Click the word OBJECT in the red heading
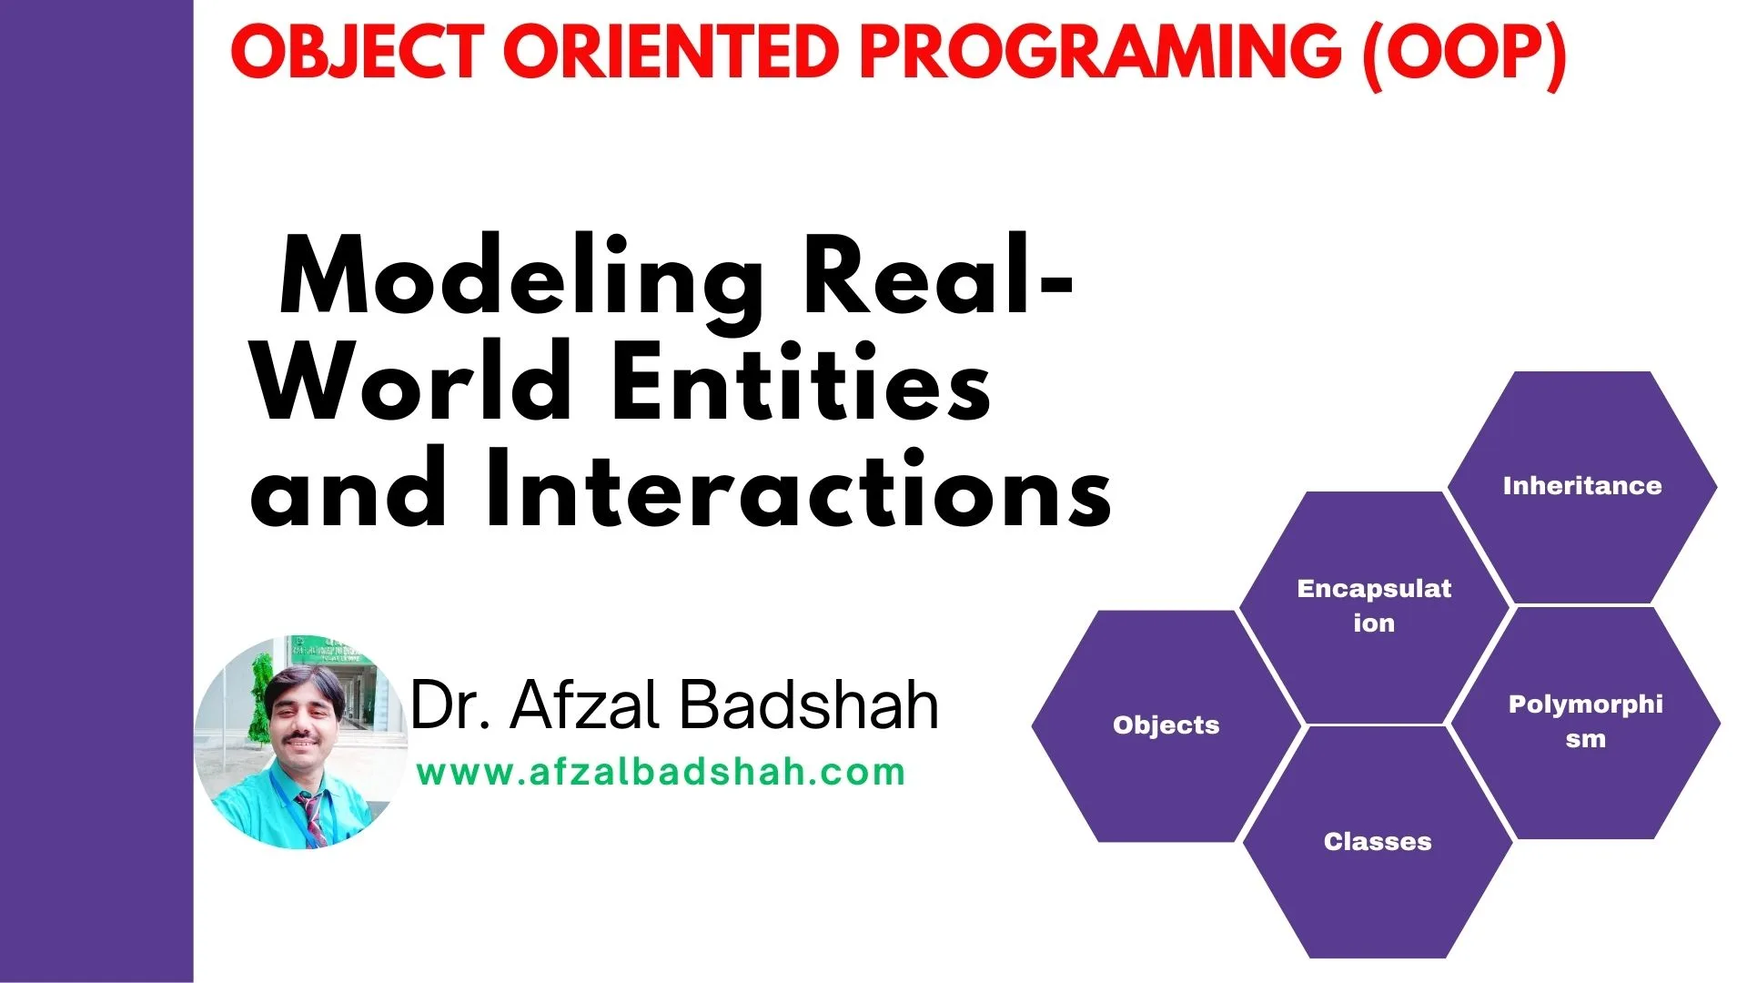coord(356,52)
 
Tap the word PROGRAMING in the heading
coord(1100,52)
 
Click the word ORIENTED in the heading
coord(671,52)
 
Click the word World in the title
coord(412,381)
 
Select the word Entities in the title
coord(802,381)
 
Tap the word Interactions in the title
coord(798,489)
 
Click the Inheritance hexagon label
coord(1582,485)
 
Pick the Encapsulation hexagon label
coord(1374,605)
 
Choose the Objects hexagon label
coord(1166,725)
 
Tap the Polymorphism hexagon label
coord(1585,721)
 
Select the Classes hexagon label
coord(1378,841)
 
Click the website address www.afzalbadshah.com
coord(661,773)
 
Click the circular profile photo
coord(301,743)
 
